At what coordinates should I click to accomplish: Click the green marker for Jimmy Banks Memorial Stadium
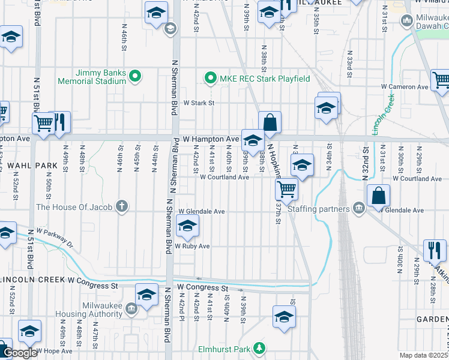click(x=135, y=76)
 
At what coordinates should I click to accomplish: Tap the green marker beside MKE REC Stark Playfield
click(x=210, y=78)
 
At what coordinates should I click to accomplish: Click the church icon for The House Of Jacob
click(x=122, y=207)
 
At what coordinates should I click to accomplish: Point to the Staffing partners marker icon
click(x=359, y=209)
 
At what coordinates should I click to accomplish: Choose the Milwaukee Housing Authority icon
click(x=131, y=309)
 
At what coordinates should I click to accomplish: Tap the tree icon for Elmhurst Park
click(x=259, y=348)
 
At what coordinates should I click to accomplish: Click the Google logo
click(x=19, y=353)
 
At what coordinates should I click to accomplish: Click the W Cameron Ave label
click(x=405, y=86)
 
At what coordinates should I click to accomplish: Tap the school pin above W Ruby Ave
click(x=187, y=227)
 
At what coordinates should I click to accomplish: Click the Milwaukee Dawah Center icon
click(x=407, y=22)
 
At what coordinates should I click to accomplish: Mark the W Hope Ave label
click(x=54, y=350)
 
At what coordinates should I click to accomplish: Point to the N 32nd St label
click(x=364, y=163)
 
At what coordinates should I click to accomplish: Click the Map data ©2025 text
click(x=423, y=355)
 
